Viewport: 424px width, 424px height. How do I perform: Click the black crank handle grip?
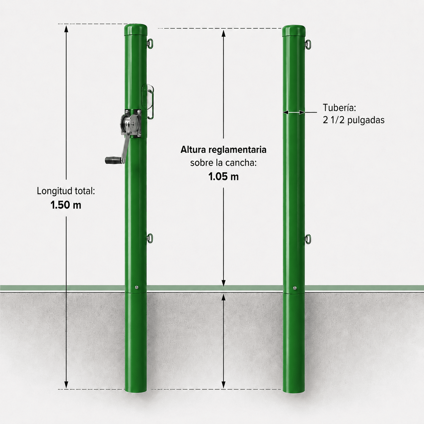[113, 160]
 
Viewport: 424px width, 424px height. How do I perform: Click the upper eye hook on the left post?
[150, 44]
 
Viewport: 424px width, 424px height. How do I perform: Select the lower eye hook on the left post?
[150, 238]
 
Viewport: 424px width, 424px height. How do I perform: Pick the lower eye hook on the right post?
[308, 239]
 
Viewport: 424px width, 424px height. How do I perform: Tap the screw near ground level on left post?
[137, 287]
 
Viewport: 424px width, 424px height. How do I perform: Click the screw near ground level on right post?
[295, 288]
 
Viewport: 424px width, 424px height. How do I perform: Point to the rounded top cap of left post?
[136, 30]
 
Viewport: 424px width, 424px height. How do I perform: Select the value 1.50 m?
[66, 205]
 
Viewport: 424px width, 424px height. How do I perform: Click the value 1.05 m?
[223, 176]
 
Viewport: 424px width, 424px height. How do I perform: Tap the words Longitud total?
[66, 191]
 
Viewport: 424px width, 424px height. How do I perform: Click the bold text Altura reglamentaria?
[223, 150]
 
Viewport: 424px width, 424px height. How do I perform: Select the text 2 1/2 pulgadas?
[354, 120]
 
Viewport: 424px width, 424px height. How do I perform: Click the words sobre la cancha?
[223, 163]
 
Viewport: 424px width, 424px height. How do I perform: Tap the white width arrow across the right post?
[294, 113]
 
